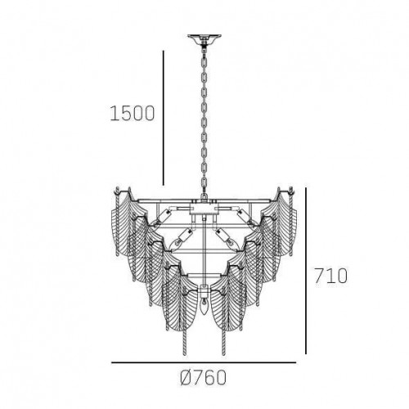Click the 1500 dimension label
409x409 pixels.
(132, 114)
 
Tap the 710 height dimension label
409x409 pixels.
(330, 275)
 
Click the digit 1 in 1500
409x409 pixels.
(114, 114)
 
